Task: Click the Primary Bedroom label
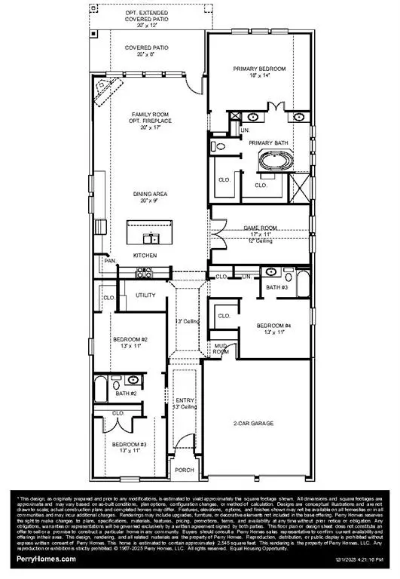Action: (259, 69)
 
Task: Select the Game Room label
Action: (260, 227)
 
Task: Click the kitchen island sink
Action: (152, 239)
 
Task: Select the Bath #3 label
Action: (276, 287)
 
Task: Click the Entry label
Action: (185, 401)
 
